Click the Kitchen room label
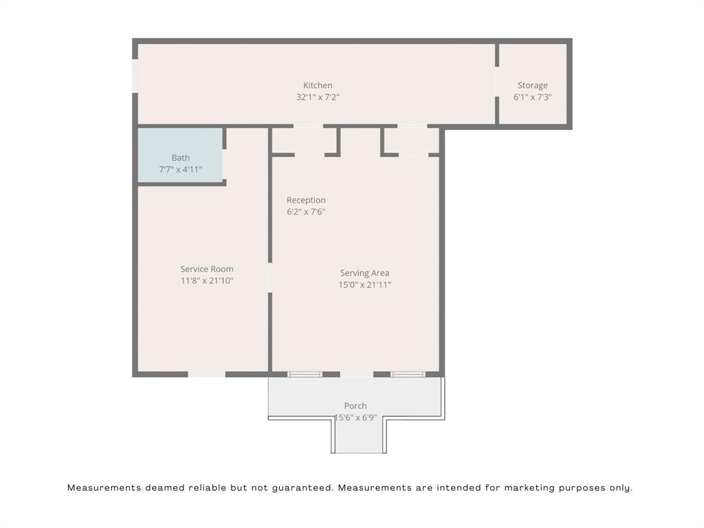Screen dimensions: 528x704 tap(318, 85)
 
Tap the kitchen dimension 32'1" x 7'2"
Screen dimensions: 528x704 tap(318, 97)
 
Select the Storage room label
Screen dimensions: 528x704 tap(532, 85)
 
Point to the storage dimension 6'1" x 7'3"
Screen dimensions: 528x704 tap(532, 97)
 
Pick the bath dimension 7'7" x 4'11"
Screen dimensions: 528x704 tap(180, 169)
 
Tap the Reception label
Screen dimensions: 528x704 tap(306, 200)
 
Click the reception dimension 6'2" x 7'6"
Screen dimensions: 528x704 tap(306, 212)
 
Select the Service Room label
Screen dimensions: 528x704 tap(207, 269)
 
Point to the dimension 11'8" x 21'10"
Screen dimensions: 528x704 tap(207, 280)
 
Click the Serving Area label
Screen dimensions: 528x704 tap(364, 273)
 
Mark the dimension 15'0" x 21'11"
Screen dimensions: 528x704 tap(364, 285)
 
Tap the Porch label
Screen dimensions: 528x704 tap(355, 406)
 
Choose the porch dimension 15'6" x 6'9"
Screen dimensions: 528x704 tap(355, 417)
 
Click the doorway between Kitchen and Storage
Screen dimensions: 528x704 tap(496, 81)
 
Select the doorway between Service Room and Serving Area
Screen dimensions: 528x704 tap(269, 278)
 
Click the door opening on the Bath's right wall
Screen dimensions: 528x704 tap(224, 164)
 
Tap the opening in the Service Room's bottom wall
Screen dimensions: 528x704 tap(206, 374)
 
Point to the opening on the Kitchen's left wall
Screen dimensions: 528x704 tap(135, 76)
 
